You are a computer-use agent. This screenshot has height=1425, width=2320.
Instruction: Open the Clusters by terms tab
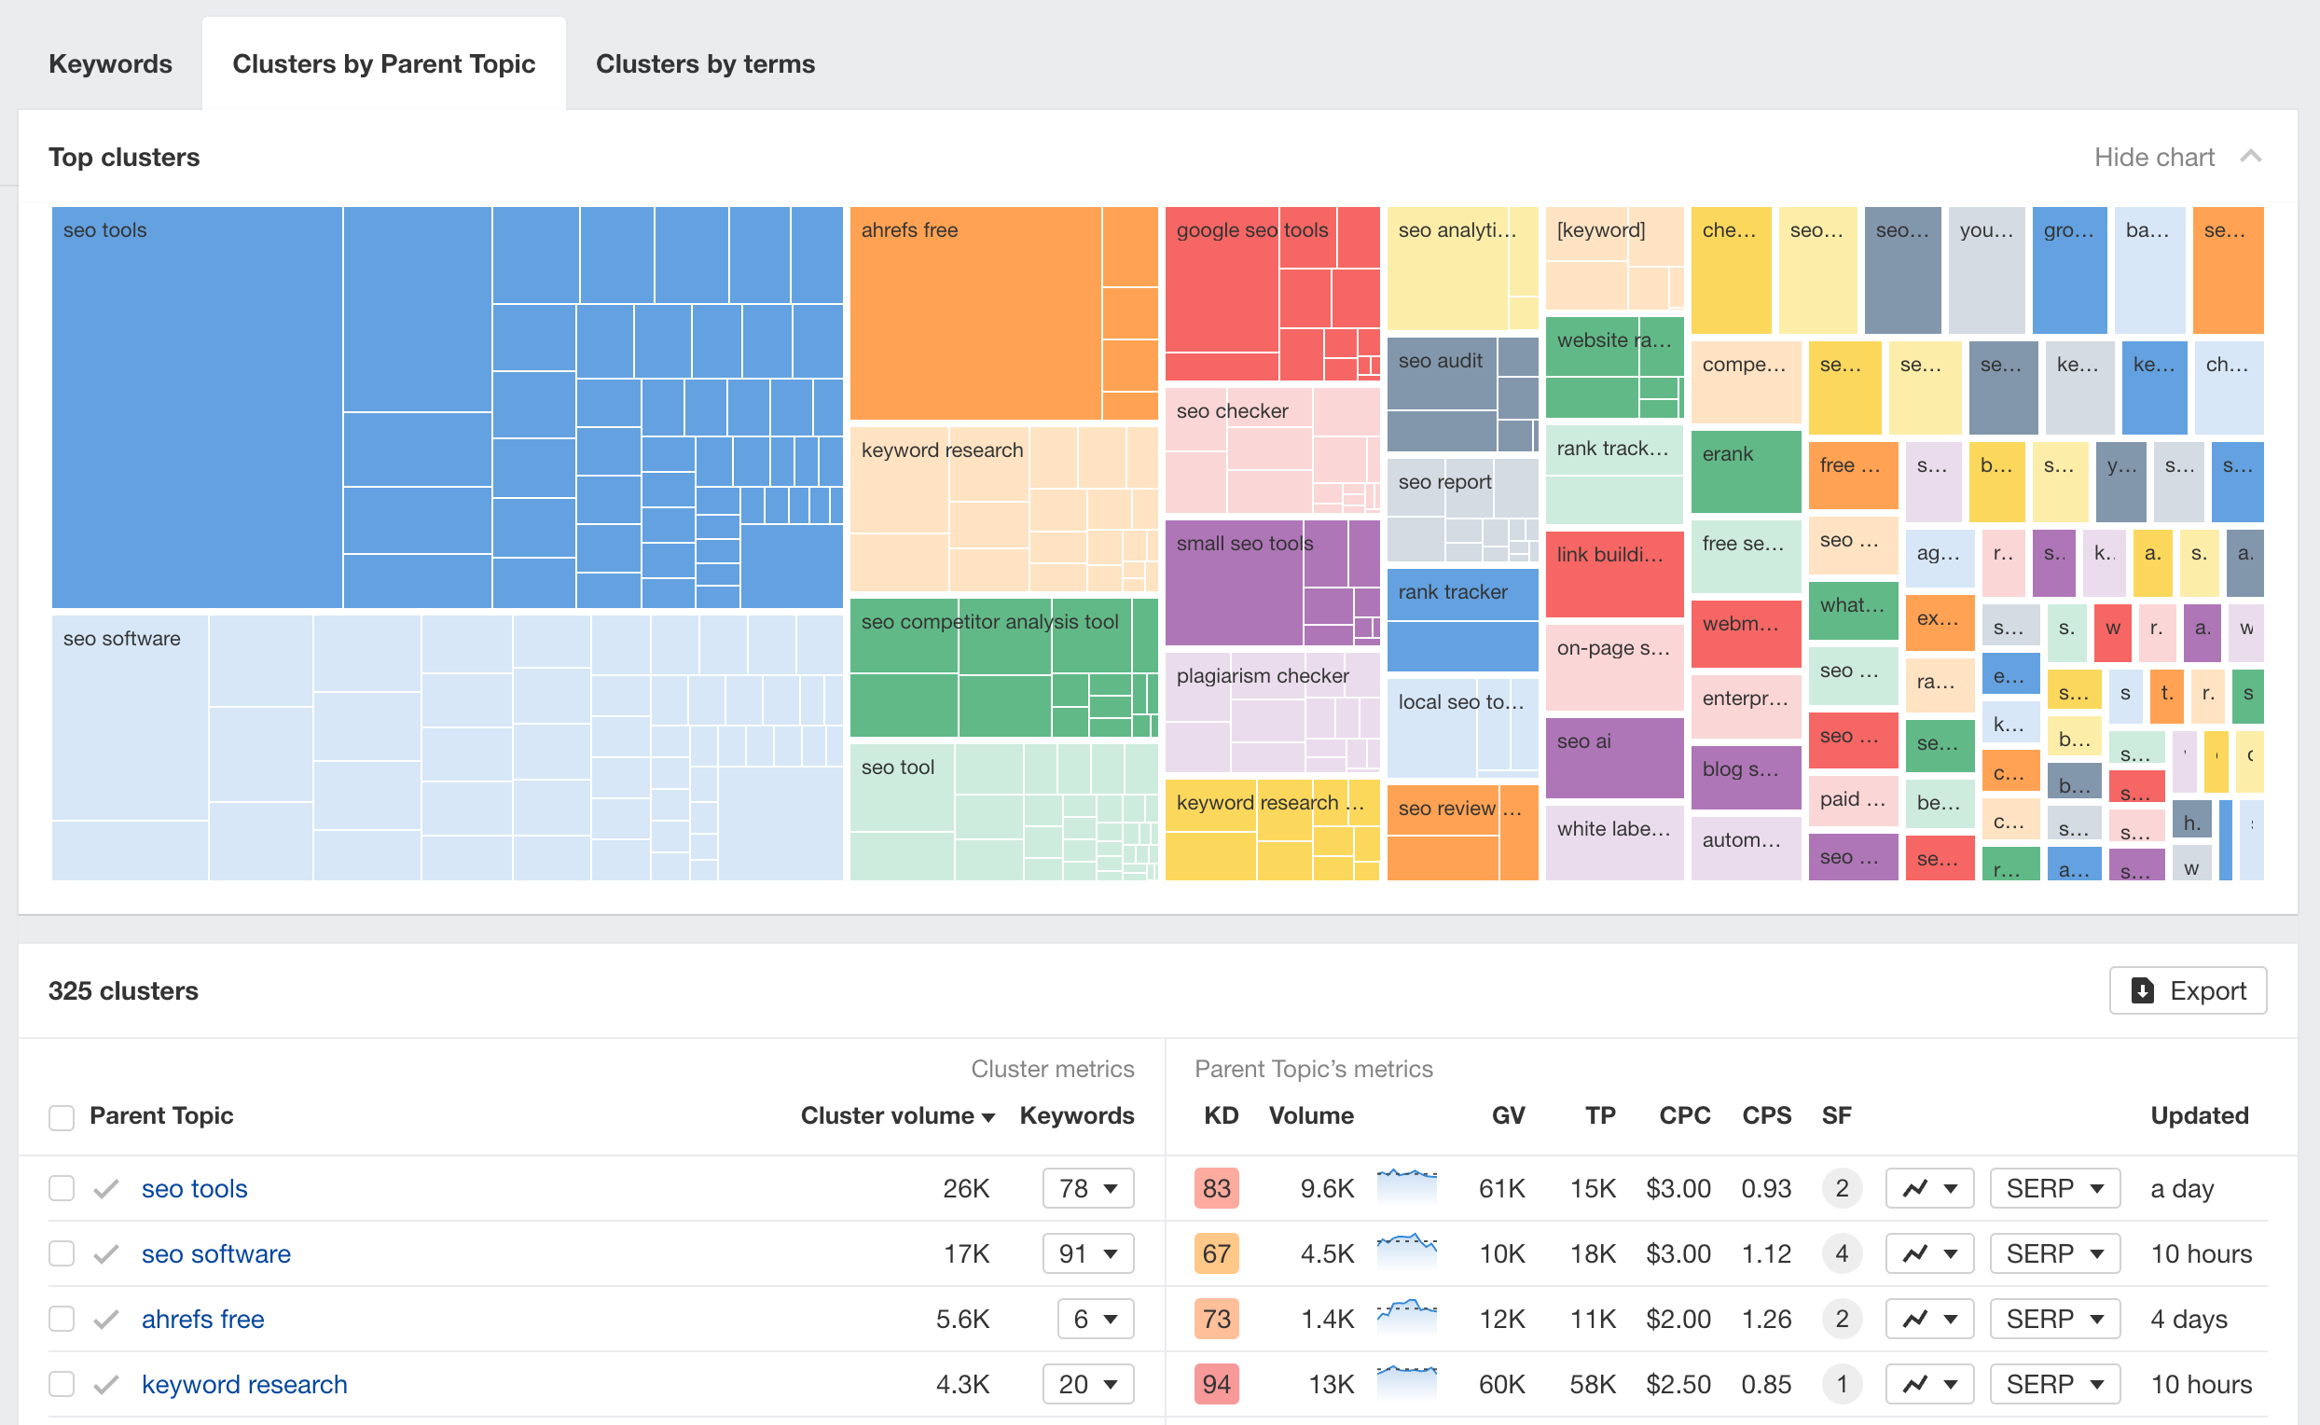coord(705,64)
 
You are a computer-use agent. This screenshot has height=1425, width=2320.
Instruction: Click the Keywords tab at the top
coord(110,64)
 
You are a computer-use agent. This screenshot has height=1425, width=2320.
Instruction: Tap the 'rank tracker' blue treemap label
coord(1452,592)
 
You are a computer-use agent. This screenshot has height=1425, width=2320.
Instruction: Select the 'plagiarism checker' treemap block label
coord(1262,676)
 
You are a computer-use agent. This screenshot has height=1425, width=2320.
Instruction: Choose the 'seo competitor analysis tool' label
coord(988,622)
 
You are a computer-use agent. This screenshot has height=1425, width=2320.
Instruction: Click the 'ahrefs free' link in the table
coord(202,1319)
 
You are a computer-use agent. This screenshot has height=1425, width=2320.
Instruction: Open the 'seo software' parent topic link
coord(215,1253)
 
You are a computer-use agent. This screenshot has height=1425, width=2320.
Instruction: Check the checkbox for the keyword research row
coord(62,1384)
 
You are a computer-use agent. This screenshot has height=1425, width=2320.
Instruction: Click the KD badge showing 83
coord(1216,1188)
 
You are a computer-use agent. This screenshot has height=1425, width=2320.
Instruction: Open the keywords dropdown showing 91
coord(1087,1253)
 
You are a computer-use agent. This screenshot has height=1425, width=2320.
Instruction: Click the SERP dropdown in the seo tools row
coord(2053,1188)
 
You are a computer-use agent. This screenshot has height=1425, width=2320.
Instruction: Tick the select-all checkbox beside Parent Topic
coord(62,1118)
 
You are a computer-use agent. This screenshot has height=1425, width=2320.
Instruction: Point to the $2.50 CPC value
coord(1678,1384)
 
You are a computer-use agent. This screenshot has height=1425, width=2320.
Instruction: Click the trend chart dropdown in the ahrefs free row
coord(1928,1319)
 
